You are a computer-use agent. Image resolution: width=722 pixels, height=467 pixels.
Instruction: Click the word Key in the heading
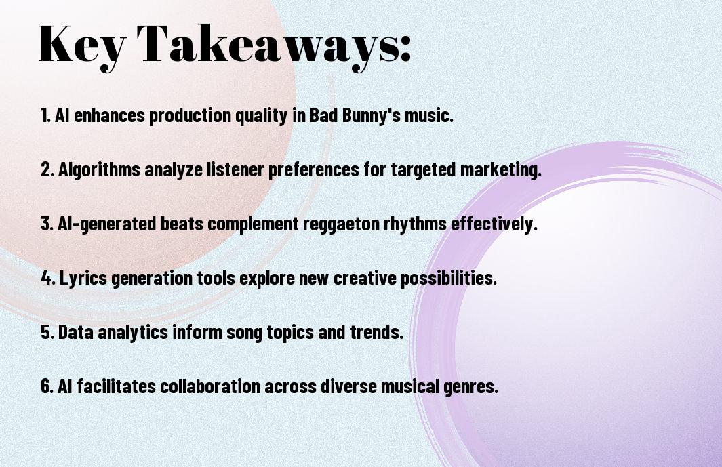click(81, 45)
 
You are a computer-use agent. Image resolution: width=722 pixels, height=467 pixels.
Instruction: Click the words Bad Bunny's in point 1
click(355, 116)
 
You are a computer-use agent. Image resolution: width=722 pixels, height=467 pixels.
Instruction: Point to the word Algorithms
click(99, 170)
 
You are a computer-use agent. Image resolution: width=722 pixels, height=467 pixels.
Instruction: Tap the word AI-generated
click(107, 224)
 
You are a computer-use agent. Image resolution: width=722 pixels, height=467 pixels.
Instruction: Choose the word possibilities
click(449, 279)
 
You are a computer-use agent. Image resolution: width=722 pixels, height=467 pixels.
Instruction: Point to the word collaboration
click(210, 386)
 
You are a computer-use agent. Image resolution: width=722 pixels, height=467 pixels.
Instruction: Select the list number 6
click(47, 386)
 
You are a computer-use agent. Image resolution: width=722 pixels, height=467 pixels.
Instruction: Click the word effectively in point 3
click(494, 224)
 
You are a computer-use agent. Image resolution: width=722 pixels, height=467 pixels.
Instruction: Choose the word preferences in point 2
click(314, 170)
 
